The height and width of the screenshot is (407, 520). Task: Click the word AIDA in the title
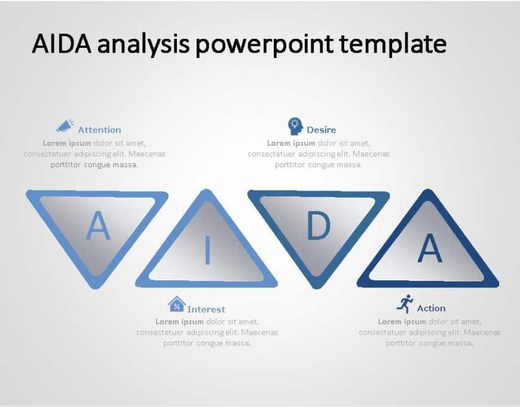(x=60, y=44)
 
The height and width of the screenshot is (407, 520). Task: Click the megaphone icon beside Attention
(x=65, y=126)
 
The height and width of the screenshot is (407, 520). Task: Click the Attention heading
(x=99, y=130)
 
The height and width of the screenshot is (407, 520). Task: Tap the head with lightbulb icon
(x=295, y=126)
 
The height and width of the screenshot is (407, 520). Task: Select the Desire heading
(x=322, y=130)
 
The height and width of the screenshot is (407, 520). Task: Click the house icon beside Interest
(x=176, y=304)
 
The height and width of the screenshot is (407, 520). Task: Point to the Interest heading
(x=206, y=310)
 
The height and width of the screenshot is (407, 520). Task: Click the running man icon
(x=405, y=304)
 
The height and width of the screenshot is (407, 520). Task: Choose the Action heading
(x=431, y=308)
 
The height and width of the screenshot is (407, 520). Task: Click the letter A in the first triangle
(x=99, y=226)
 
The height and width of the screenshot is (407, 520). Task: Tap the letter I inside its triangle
(x=207, y=250)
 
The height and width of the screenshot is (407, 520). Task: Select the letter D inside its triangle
(x=318, y=227)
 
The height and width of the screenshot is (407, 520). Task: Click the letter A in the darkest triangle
(x=429, y=249)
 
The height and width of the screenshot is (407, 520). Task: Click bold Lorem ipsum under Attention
(x=67, y=143)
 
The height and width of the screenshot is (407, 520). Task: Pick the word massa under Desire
(x=350, y=165)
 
